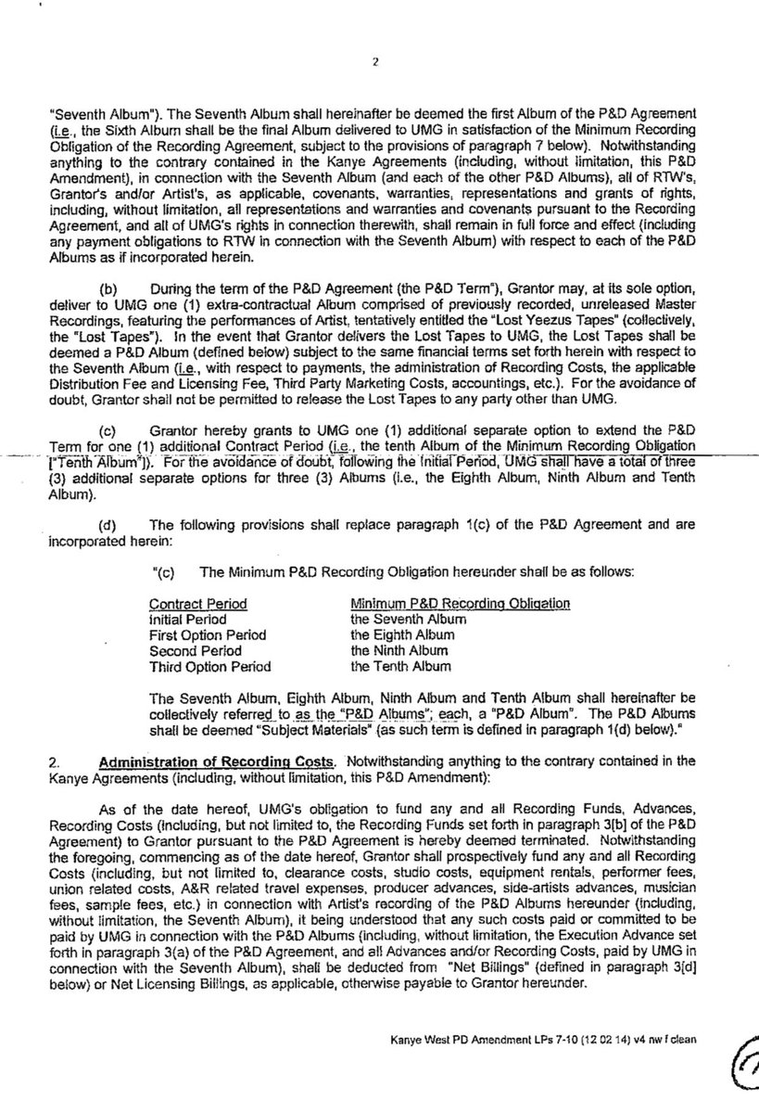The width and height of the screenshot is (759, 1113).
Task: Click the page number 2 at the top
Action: pos(376,63)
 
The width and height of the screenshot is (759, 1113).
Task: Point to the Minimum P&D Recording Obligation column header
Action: pos(460,604)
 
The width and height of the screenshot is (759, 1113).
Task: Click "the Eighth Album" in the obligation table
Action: pos(402,634)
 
